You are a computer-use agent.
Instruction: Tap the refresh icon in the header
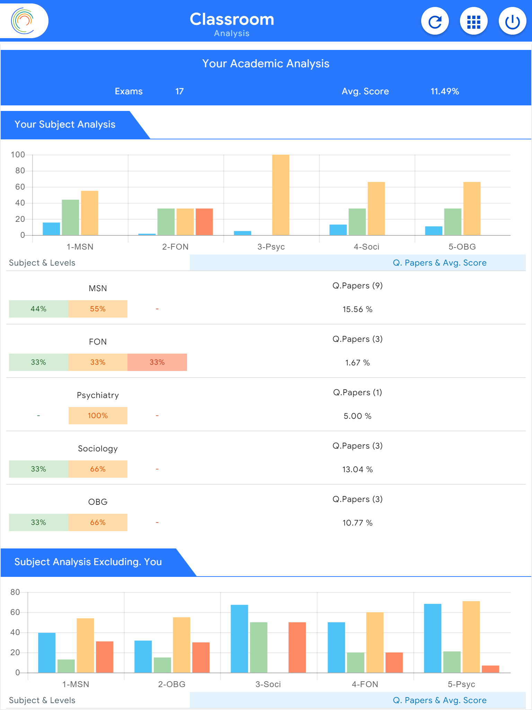435,21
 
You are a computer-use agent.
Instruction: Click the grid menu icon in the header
473,21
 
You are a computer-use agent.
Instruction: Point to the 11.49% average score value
445,92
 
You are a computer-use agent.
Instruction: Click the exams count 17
179,92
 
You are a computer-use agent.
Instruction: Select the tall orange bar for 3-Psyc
281,195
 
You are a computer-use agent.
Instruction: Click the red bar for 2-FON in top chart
204,222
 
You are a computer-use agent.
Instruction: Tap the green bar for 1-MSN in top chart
70,217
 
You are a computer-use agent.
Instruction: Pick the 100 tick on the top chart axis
18,155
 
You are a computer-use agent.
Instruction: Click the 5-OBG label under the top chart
462,247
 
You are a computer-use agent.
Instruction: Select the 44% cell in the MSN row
38,309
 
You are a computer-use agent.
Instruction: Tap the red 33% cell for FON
157,362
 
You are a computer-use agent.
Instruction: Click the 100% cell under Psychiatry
98,416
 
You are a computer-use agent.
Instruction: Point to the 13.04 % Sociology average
357,469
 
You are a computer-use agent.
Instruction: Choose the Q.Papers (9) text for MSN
357,286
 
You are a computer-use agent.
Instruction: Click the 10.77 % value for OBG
357,523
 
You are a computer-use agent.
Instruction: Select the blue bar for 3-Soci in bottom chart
239,639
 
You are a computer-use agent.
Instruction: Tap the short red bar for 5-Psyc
490,669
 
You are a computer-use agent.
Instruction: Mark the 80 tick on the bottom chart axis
15,592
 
